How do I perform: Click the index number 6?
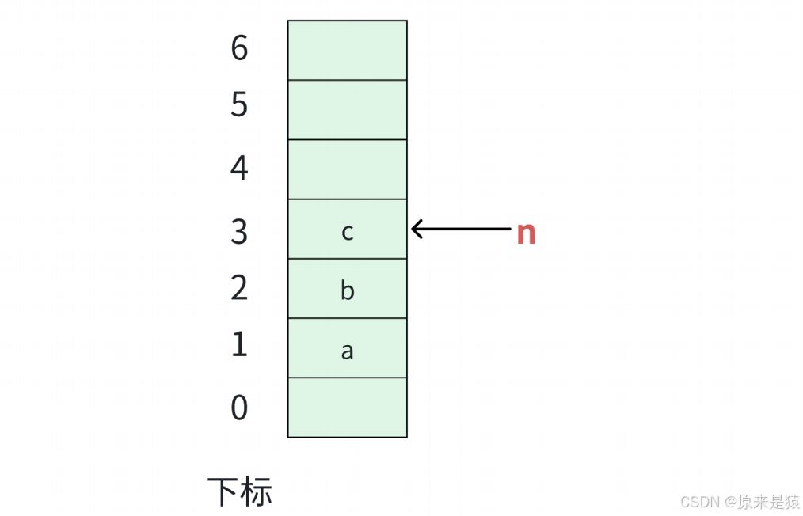[x=239, y=49]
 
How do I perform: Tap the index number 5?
[x=239, y=104]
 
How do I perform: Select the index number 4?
[x=239, y=168]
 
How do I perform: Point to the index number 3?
[x=239, y=231]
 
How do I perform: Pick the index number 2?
[x=239, y=287]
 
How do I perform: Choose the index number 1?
[x=239, y=344]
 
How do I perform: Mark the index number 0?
[x=239, y=408]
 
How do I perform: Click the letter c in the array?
[x=347, y=232]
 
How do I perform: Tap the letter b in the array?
[x=347, y=290]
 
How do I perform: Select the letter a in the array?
[x=347, y=351]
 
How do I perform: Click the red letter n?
[x=526, y=233]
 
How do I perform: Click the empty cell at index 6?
[x=347, y=50]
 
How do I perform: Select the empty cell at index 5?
[x=347, y=110]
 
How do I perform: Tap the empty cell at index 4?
[x=347, y=169]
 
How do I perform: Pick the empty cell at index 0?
[x=347, y=408]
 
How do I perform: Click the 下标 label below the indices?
[x=240, y=491]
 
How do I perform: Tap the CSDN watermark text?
[x=698, y=502]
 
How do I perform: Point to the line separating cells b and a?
[x=347, y=318]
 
